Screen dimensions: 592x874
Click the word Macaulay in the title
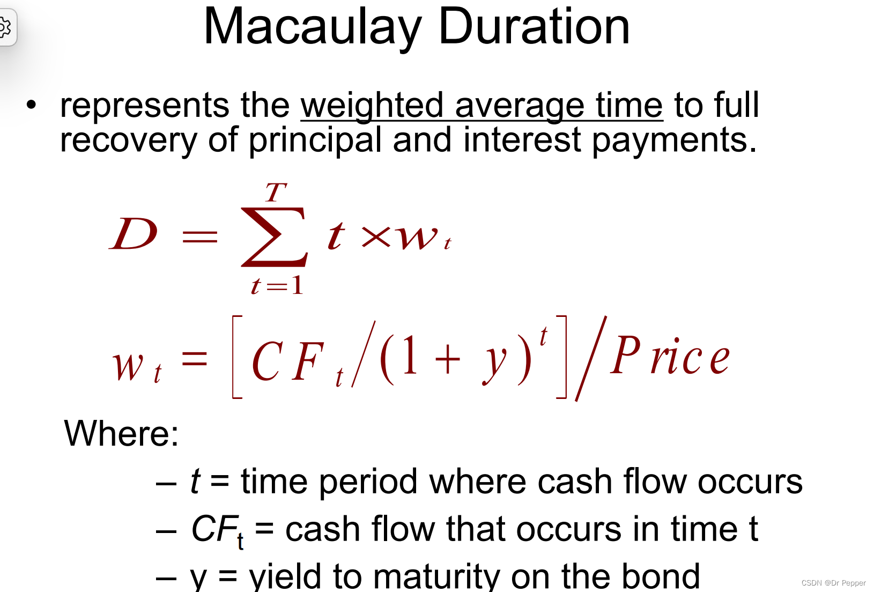tap(312, 28)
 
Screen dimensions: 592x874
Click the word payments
tap(673, 140)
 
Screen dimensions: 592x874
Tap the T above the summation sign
tap(276, 193)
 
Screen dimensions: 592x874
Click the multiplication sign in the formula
tap(376, 236)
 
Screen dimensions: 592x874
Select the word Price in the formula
tap(670, 356)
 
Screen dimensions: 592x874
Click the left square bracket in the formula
tap(237, 357)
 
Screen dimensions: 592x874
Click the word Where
tap(121, 433)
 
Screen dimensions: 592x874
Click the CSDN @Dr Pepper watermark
tap(833, 583)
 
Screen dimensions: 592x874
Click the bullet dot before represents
tap(32, 105)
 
